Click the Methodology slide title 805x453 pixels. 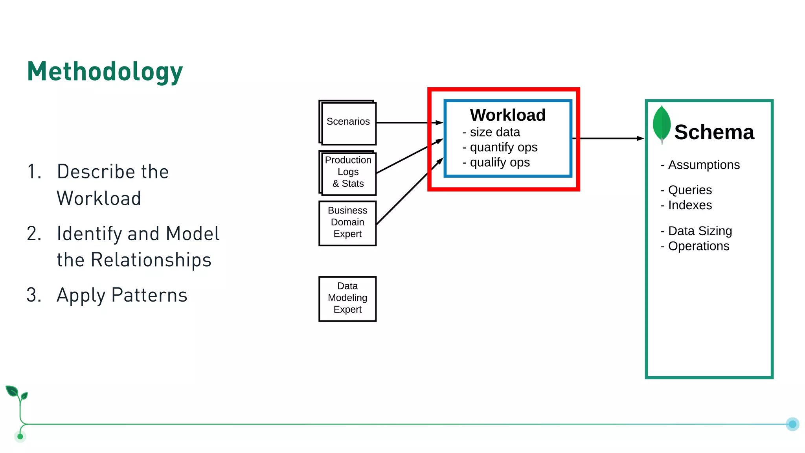click(105, 72)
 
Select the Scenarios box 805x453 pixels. click(348, 122)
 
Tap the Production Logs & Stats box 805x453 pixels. click(348, 172)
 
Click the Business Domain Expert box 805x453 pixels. click(347, 223)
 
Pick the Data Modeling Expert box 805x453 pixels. click(347, 298)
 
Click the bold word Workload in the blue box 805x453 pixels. click(507, 115)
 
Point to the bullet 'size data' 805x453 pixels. click(494, 133)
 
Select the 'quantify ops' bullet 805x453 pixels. click(503, 147)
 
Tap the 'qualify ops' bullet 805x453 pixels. click(499, 162)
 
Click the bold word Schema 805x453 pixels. click(714, 133)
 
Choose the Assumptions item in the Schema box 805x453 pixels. click(704, 165)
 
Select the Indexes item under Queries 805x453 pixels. click(689, 205)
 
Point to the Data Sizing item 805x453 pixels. click(700, 231)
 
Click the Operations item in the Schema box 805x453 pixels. click(698, 246)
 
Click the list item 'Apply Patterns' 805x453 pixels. click(122, 295)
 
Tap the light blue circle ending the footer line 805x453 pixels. click(792, 424)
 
